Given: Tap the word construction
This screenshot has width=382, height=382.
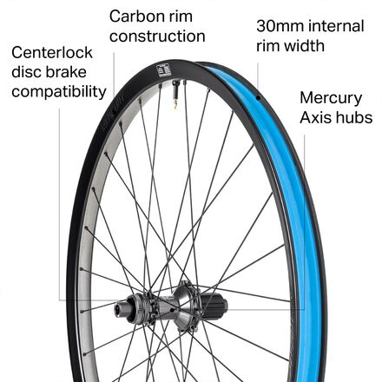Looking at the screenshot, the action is [157, 36].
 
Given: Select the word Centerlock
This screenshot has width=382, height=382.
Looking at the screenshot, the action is [52, 53].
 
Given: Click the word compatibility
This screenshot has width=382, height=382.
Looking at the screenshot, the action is [59, 92].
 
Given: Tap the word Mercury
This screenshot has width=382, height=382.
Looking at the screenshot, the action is [331, 98].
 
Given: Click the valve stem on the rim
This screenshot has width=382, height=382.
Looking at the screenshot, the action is [175, 94].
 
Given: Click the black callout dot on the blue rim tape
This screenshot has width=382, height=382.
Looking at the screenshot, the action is [258, 97].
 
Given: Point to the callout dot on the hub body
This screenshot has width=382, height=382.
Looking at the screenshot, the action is [173, 310].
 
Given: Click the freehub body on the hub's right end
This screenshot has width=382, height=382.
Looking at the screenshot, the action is [214, 308].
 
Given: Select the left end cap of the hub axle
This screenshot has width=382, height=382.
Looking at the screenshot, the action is [119, 308].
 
